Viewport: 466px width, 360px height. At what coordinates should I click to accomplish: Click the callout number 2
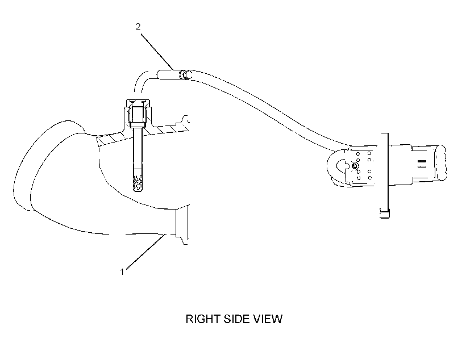138,27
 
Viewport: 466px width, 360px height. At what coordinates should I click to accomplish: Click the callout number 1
122,272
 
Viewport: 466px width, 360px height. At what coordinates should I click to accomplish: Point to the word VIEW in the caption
268,319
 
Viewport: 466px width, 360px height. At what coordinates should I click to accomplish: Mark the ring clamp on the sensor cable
185,75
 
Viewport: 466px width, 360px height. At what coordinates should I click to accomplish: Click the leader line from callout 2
157,52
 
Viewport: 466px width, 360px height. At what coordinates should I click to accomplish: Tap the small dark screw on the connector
354,166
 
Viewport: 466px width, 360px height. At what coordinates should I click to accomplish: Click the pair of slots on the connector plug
422,164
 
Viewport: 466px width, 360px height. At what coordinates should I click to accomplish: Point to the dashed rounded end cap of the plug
440,163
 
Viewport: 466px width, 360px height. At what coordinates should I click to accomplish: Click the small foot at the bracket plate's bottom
385,214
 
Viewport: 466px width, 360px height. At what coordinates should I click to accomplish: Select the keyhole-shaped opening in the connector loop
342,166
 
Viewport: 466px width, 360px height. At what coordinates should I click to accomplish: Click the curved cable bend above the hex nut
141,82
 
